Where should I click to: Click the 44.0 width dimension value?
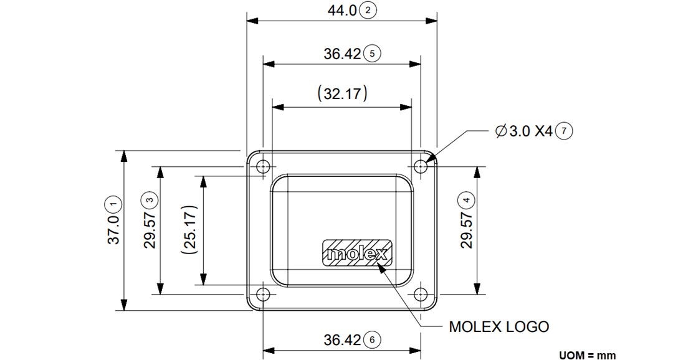[x=341, y=11]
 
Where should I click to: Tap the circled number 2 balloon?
[x=369, y=11]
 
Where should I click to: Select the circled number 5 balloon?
[x=372, y=54]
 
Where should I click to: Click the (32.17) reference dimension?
[x=342, y=94]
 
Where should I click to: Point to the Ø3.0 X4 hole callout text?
[x=523, y=131]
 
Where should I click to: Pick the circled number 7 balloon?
[x=564, y=131]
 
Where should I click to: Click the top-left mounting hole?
[x=264, y=166]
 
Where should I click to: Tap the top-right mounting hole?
[x=421, y=166]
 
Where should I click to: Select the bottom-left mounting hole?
[x=264, y=294]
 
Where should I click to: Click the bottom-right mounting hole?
[x=421, y=294]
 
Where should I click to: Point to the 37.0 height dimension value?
[x=113, y=230]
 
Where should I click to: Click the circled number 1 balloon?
[x=113, y=203]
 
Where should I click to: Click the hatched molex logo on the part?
[x=357, y=252]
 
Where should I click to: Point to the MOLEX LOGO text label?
[x=499, y=326]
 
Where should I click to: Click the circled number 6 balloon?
[x=372, y=340]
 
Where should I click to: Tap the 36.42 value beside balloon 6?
[x=342, y=340]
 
